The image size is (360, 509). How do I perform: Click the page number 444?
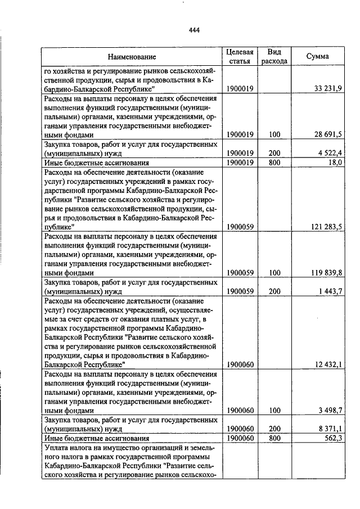[195, 30]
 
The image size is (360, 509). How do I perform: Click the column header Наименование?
[132, 57]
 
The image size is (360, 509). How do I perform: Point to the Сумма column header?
[318, 57]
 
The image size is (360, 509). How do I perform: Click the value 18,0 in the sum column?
[335, 162]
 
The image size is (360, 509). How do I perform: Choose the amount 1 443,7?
[330, 291]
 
